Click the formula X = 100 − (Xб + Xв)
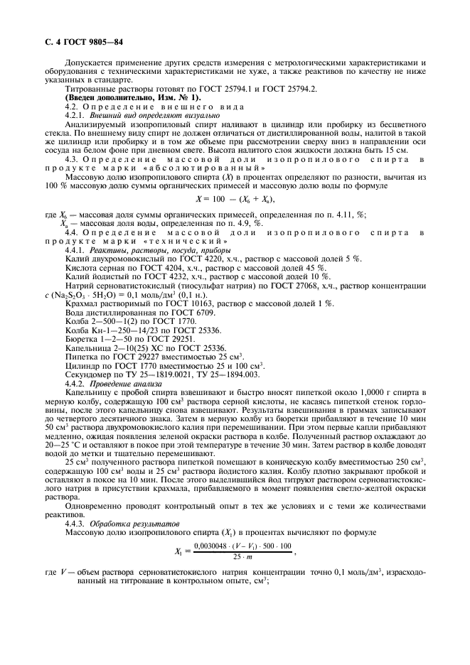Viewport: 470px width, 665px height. (x=234, y=201)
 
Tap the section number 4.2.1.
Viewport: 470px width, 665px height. (x=77, y=114)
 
